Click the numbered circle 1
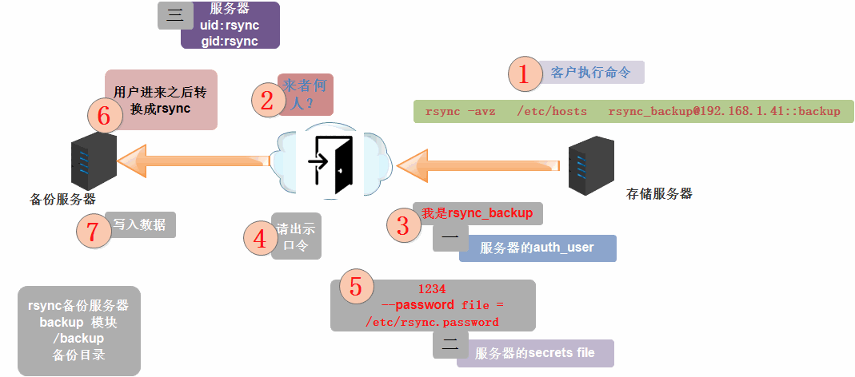[x=524, y=74]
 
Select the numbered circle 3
[x=403, y=225]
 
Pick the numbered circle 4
[x=259, y=237]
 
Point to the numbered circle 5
[x=356, y=286]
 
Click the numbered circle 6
[x=104, y=117]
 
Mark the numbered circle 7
[x=93, y=232]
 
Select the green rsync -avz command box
[x=633, y=111]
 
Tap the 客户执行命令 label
[x=591, y=73]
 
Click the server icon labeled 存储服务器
[x=591, y=165]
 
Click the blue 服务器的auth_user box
[x=537, y=248]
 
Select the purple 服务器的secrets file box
[x=535, y=352]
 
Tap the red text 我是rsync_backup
[x=477, y=213]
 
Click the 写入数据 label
[x=140, y=224]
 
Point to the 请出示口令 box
[x=296, y=236]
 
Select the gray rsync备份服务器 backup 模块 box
[x=78, y=330]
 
